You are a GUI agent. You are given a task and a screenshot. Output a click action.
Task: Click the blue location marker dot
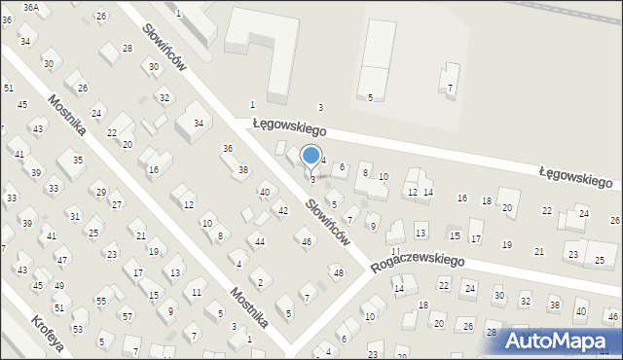[x=311, y=155]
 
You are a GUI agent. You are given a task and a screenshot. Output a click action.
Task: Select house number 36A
[x=31, y=7]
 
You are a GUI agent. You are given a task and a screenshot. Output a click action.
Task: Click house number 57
[x=128, y=317]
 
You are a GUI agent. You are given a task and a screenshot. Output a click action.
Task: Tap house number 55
[x=101, y=302]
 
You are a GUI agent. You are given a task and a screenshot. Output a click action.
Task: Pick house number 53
[x=77, y=330]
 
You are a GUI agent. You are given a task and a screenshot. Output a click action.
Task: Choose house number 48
[x=338, y=272]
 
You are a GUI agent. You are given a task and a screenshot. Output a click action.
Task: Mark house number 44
[x=260, y=241]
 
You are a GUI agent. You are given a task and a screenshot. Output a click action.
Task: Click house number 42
[x=283, y=211]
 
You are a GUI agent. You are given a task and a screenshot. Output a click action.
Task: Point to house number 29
[x=101, y=193]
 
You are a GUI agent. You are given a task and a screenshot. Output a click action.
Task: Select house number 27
[x=117, y=204]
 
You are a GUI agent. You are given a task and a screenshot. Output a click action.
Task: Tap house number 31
[x=74, y=215]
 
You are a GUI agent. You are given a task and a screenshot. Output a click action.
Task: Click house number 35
[x=78, y=160]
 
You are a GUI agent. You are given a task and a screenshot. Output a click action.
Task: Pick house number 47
[x=62, y=260]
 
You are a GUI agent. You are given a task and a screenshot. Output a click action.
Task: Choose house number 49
[x=59, y=285]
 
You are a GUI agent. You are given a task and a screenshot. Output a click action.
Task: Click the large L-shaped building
[x=263, y=49]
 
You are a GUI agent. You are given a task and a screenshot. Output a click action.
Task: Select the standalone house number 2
[x=260, y=282]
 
